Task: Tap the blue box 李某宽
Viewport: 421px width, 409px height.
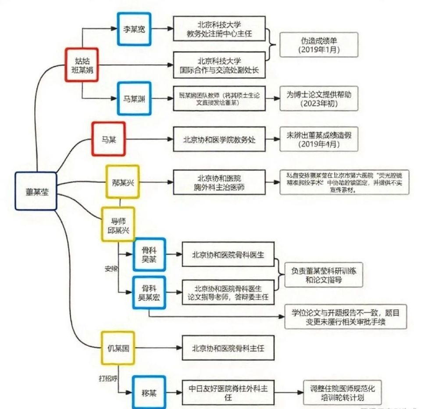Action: pyautogui.click(x=134, y=29)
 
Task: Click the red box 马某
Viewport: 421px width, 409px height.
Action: pyautogui.click(x=108, y=139)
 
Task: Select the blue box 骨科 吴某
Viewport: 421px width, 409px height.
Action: pyautogui.click(x=149, y=255)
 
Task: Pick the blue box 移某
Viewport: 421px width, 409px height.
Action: pyautogui.click(x=149, y=391)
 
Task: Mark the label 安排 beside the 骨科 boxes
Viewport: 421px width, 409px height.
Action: pyautogui.click(x=111, y=269)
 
